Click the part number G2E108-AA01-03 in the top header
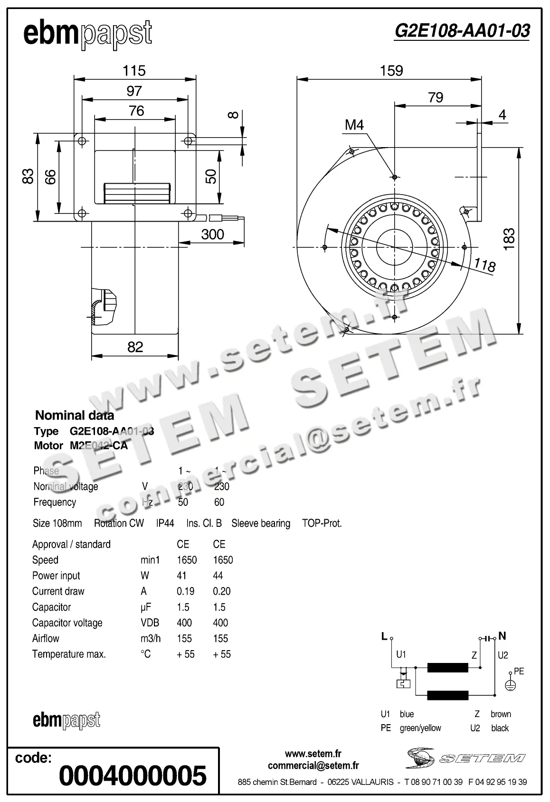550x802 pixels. (462, 31)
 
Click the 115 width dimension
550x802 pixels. (134, 71)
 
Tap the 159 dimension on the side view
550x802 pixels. (391, 71)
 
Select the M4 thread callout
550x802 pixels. (354, 125)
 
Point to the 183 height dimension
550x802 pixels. (509, 239)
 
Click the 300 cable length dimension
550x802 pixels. (212, 234)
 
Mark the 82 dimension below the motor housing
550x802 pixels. (135, 347)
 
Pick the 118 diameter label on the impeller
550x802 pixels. (485, 265)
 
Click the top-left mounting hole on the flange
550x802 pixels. (82, 141)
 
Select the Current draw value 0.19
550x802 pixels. (186, 591)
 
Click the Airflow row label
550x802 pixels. (46, 638)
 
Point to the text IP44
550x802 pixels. (165, 523)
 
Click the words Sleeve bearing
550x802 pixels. (261, 523)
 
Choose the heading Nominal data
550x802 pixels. (75, 416)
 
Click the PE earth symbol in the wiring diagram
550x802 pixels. (510, 685)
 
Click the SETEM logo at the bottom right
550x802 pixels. (465, 758)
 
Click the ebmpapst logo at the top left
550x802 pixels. (87, 34)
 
